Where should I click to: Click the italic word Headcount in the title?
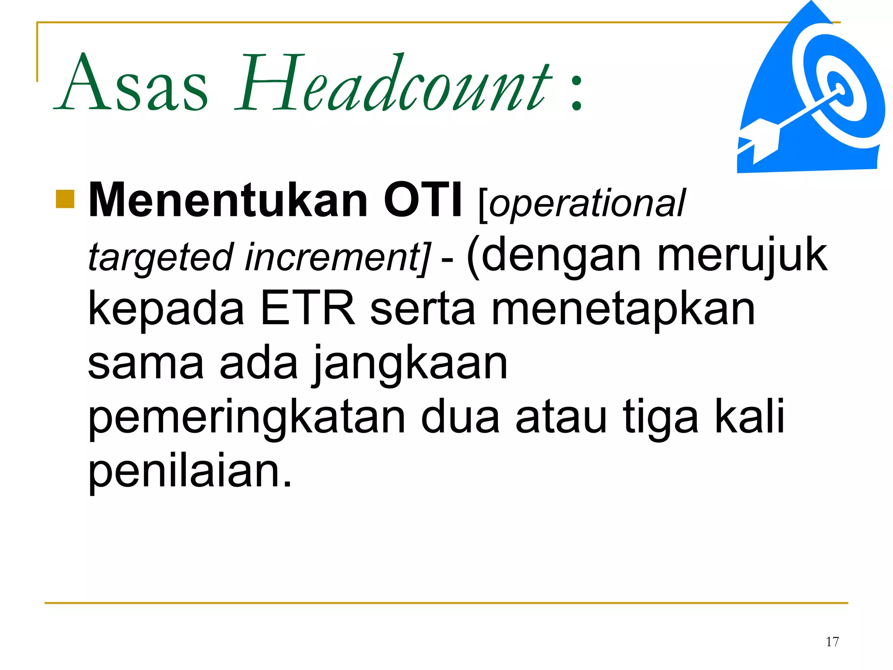[392, 83]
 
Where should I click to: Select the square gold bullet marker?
[65, 199]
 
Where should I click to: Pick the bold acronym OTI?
[423, 200]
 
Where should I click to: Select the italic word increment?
[336, 257]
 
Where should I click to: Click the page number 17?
[832, 642]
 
